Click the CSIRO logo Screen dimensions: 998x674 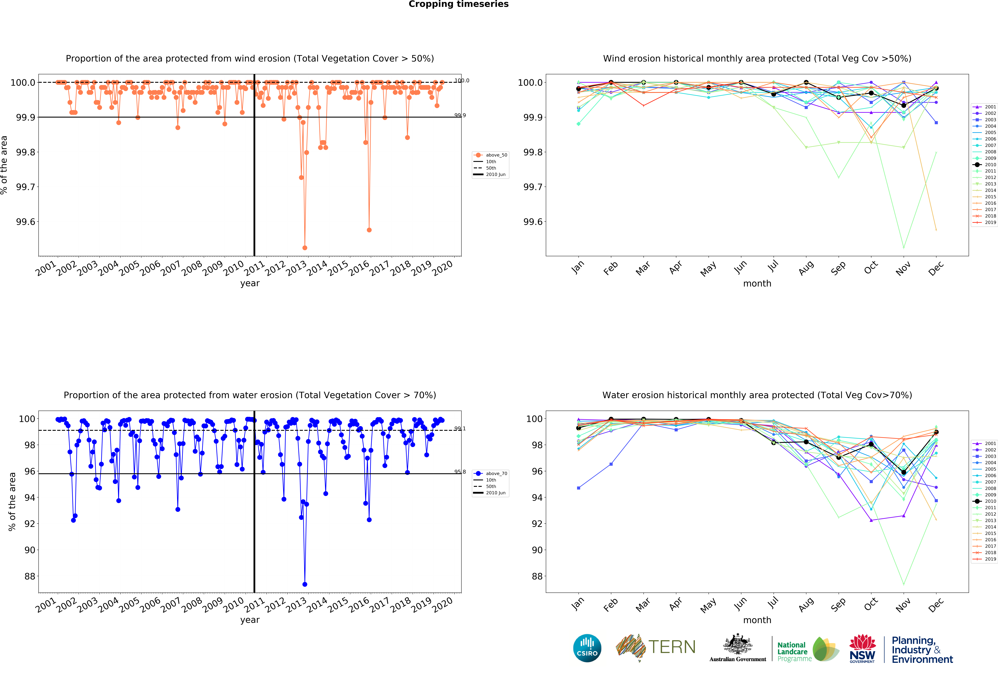tap(587, 648)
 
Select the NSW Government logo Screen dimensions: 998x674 tap(862, 648)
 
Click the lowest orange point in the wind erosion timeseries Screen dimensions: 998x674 tap(305, 248)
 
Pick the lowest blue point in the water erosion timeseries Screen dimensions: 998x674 tap(305, 584)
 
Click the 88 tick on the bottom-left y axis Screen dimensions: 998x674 tap(30, 576)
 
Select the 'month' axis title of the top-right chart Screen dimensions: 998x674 tap(757, 283)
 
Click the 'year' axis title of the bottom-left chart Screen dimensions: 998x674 tap(250, 620)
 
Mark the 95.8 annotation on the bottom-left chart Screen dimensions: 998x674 tap(460, 472)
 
